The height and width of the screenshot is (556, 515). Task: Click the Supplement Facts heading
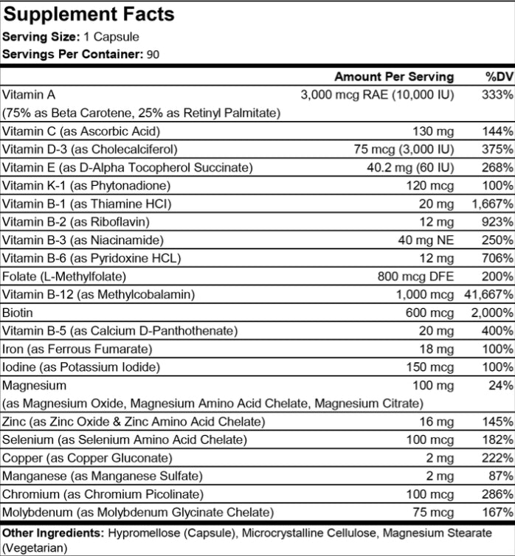(89, 14)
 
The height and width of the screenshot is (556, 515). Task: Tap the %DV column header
(499, 77)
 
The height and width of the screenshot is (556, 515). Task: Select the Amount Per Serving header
(394, 77)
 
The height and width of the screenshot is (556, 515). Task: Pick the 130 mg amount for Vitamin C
(432, 131)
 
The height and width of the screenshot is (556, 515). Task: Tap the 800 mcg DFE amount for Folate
(415, 277)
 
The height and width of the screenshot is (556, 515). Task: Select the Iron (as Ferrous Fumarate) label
(77, 349)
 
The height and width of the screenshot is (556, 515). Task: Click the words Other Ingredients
(54, 532)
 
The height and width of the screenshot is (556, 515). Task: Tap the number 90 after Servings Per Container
(152, 54)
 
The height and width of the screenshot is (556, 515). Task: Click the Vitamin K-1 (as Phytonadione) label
(86, 186)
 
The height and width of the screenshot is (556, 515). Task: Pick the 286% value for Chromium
(499, 494)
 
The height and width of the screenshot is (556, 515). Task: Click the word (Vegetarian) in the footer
(35, 547)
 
